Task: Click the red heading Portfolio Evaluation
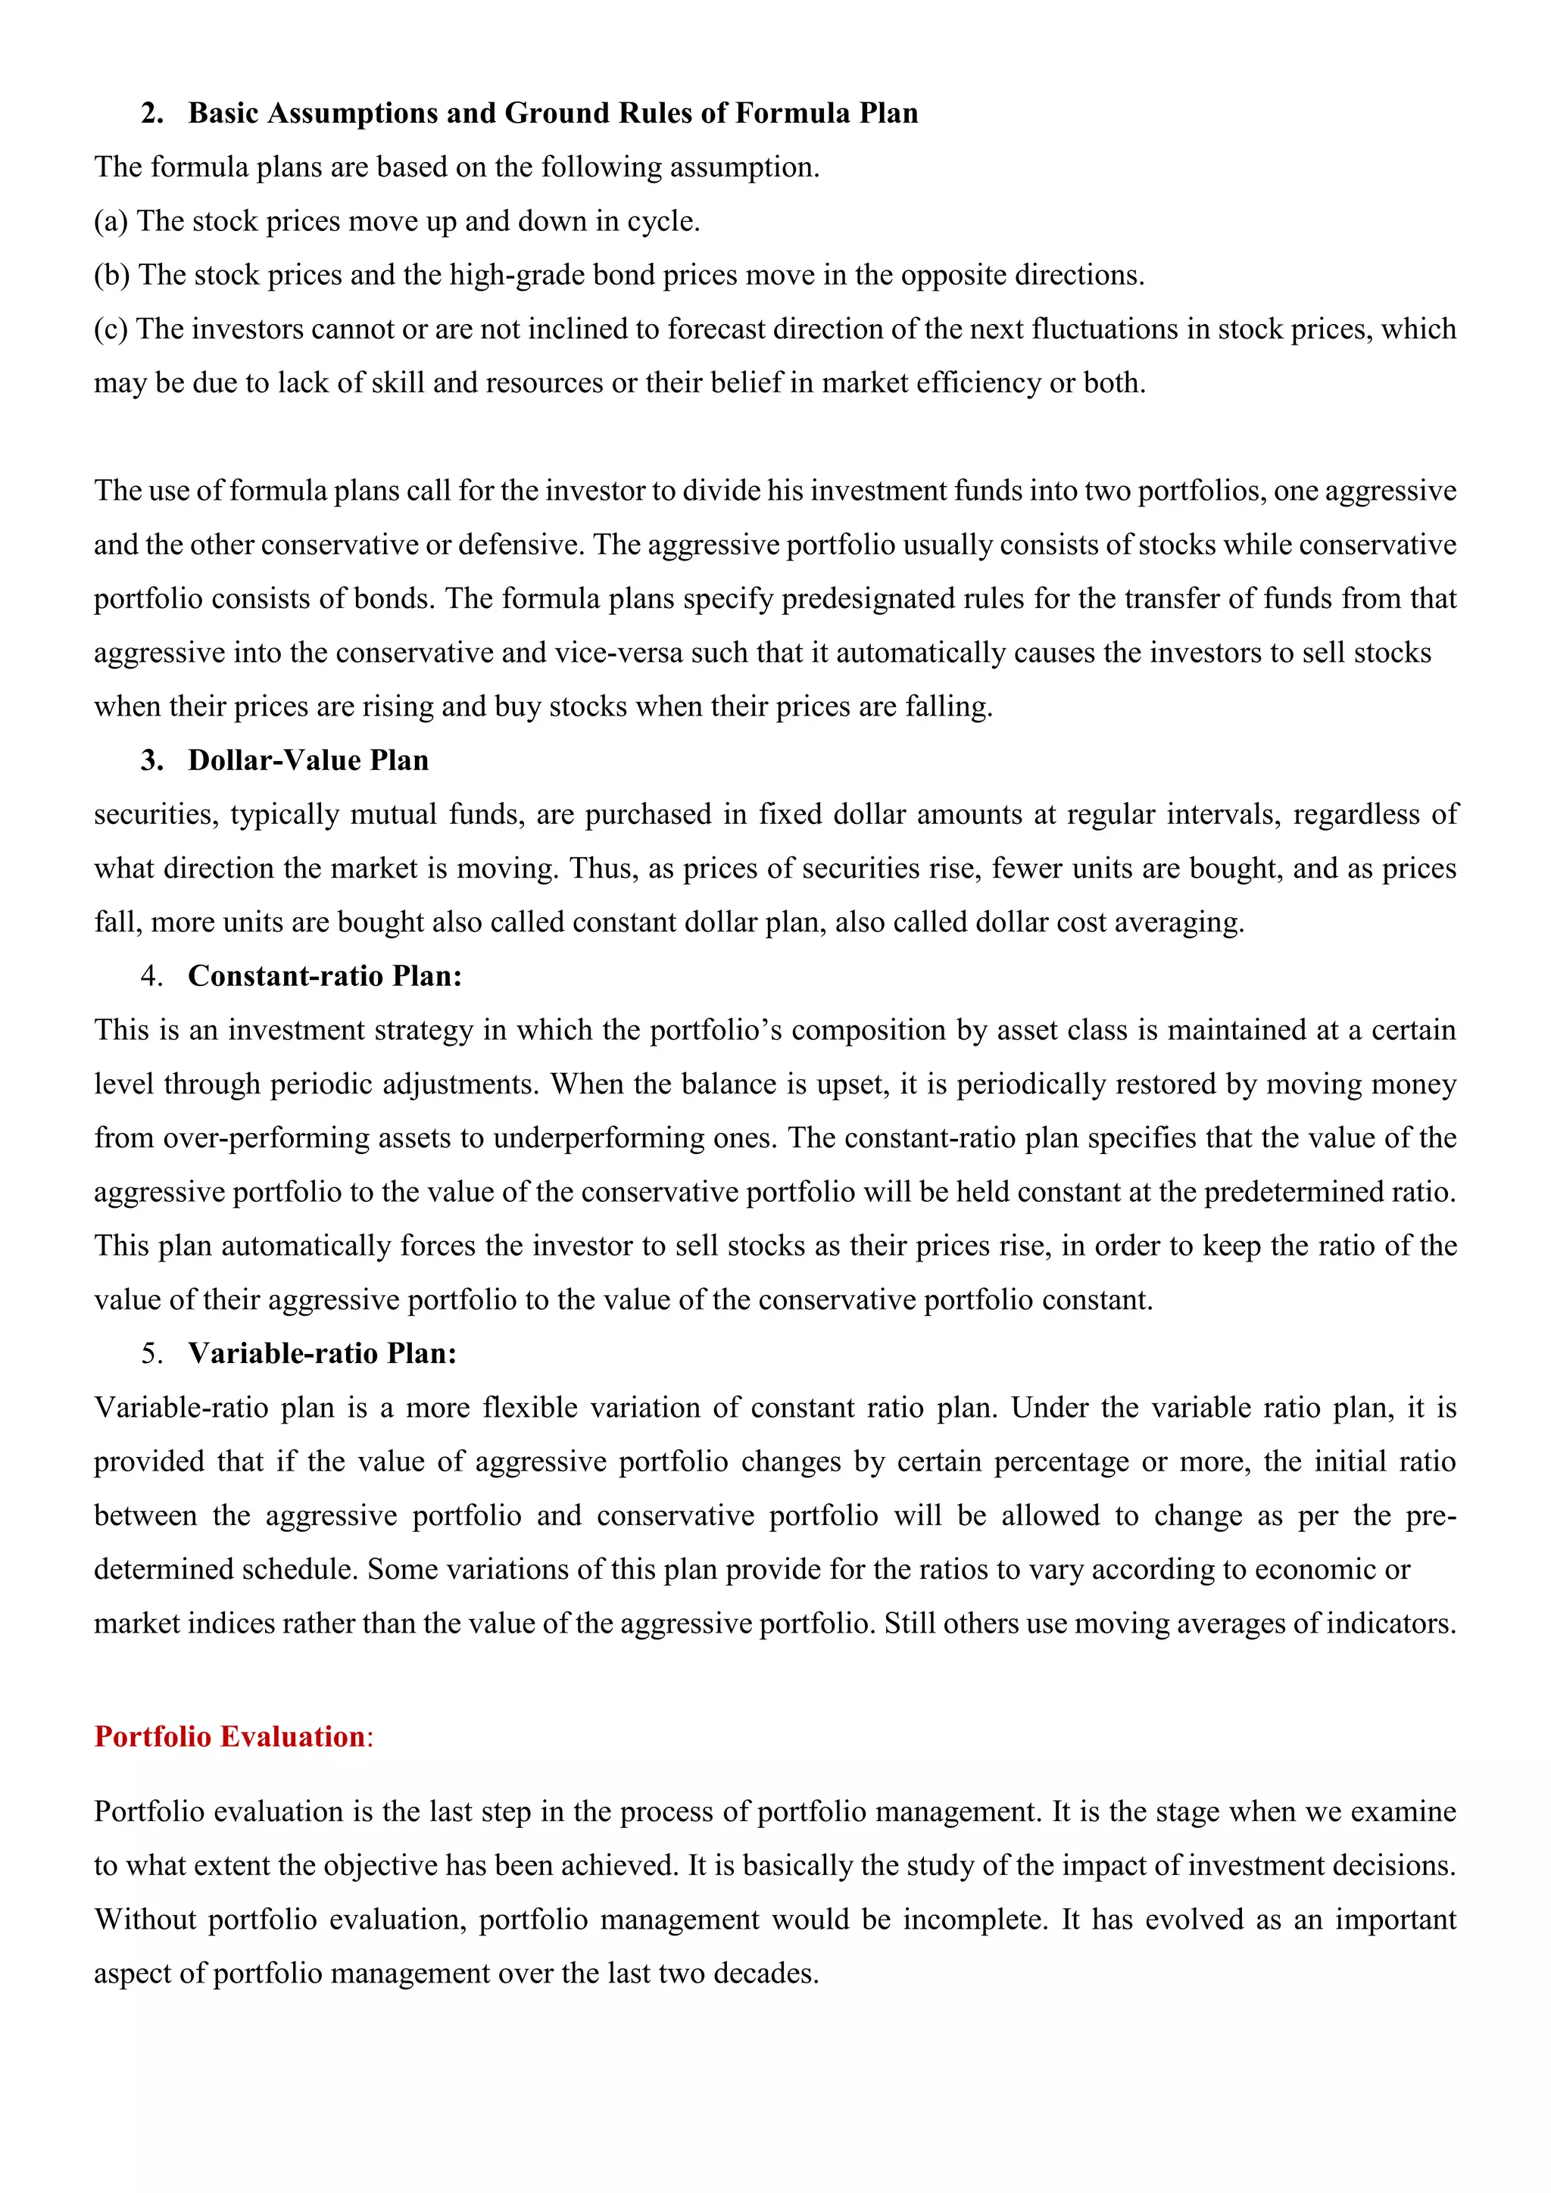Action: (x=229, y=1736)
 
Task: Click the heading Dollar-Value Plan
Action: (x=307, y=760)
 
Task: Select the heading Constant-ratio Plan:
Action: (x=325, y=976)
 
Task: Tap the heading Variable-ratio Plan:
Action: (x=322, y=1353)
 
